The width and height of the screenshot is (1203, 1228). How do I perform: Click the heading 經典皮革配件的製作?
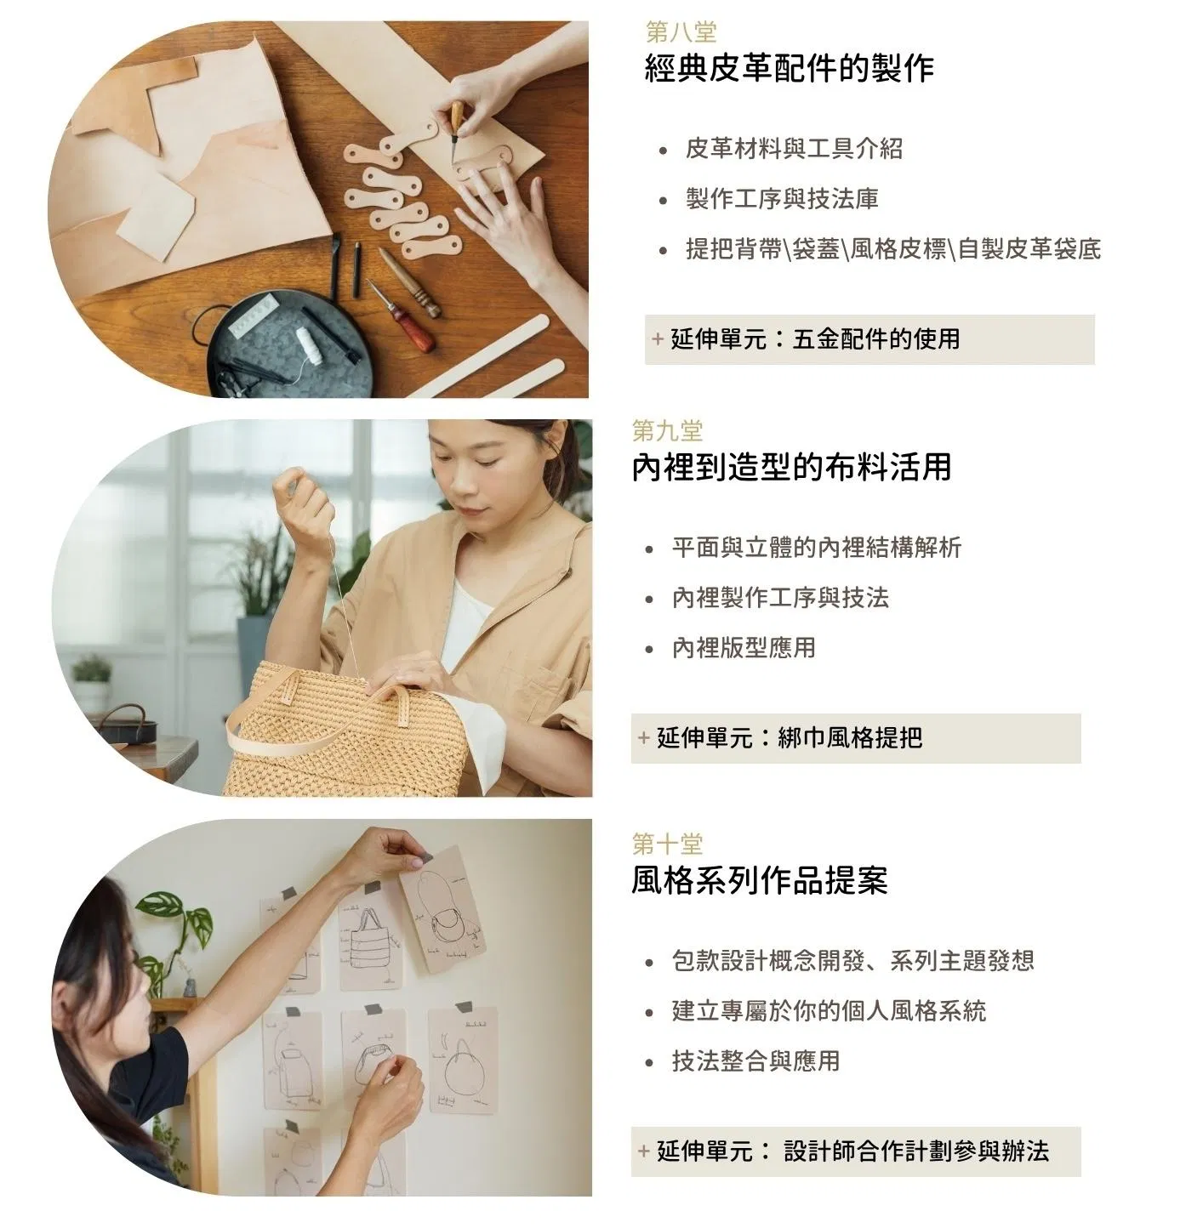790,68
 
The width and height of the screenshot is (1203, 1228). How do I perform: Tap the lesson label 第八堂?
681,31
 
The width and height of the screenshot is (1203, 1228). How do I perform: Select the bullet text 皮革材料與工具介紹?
794,149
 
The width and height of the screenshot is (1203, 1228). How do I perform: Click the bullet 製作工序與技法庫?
782,199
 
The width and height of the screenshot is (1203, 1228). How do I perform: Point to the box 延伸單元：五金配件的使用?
869,339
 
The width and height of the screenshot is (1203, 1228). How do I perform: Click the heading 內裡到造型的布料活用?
791,467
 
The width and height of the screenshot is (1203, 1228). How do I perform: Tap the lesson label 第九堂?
667,431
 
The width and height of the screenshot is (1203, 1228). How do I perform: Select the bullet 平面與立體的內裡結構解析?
817,548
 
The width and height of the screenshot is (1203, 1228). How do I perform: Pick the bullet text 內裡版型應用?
744,648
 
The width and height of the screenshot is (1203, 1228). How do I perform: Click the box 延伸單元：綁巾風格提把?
856,738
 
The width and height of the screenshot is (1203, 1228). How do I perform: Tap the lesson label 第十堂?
667,844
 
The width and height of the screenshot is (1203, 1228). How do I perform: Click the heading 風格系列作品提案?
759,880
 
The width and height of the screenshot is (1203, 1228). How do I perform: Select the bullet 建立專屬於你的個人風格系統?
829,1011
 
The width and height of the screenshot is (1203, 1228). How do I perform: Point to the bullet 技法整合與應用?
755,1061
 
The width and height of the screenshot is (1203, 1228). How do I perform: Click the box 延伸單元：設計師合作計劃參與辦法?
856,1151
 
